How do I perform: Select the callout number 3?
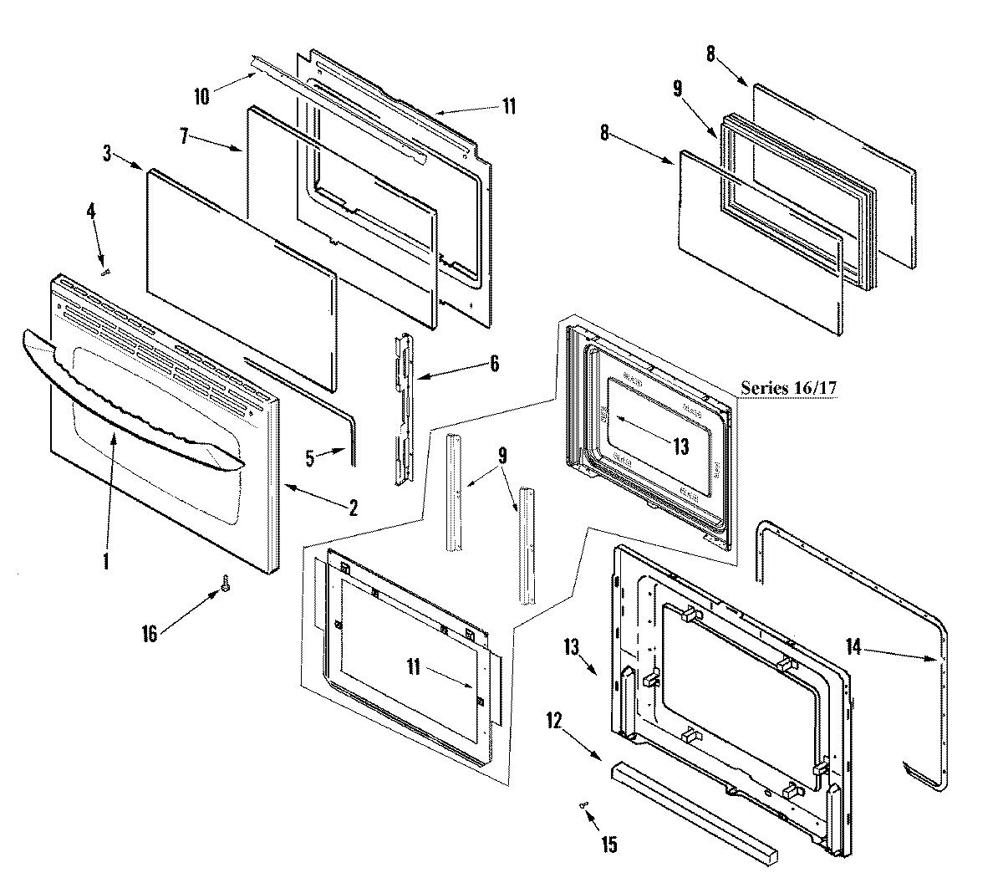[x=107, y=152]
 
